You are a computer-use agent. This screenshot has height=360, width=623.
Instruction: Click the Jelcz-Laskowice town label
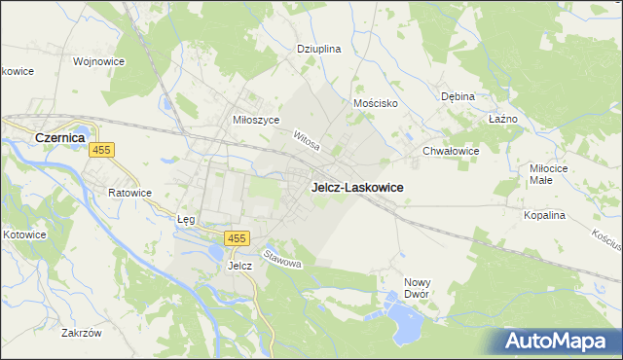pos(357,187)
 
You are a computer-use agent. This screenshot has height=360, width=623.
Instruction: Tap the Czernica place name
pos(61,138)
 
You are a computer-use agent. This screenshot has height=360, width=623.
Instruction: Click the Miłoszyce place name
pos(256,119)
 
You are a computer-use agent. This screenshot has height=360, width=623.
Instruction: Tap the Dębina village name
pos(458,96)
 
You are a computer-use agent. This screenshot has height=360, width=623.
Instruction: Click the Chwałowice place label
pos(451,151)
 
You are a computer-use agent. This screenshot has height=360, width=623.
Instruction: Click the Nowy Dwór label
pos(417,288)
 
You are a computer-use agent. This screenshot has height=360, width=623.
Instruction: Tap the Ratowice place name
pos(129,193)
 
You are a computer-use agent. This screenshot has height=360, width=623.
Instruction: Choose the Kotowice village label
pos(24,234)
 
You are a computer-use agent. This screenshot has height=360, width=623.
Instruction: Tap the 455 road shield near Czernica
pos(101,150)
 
